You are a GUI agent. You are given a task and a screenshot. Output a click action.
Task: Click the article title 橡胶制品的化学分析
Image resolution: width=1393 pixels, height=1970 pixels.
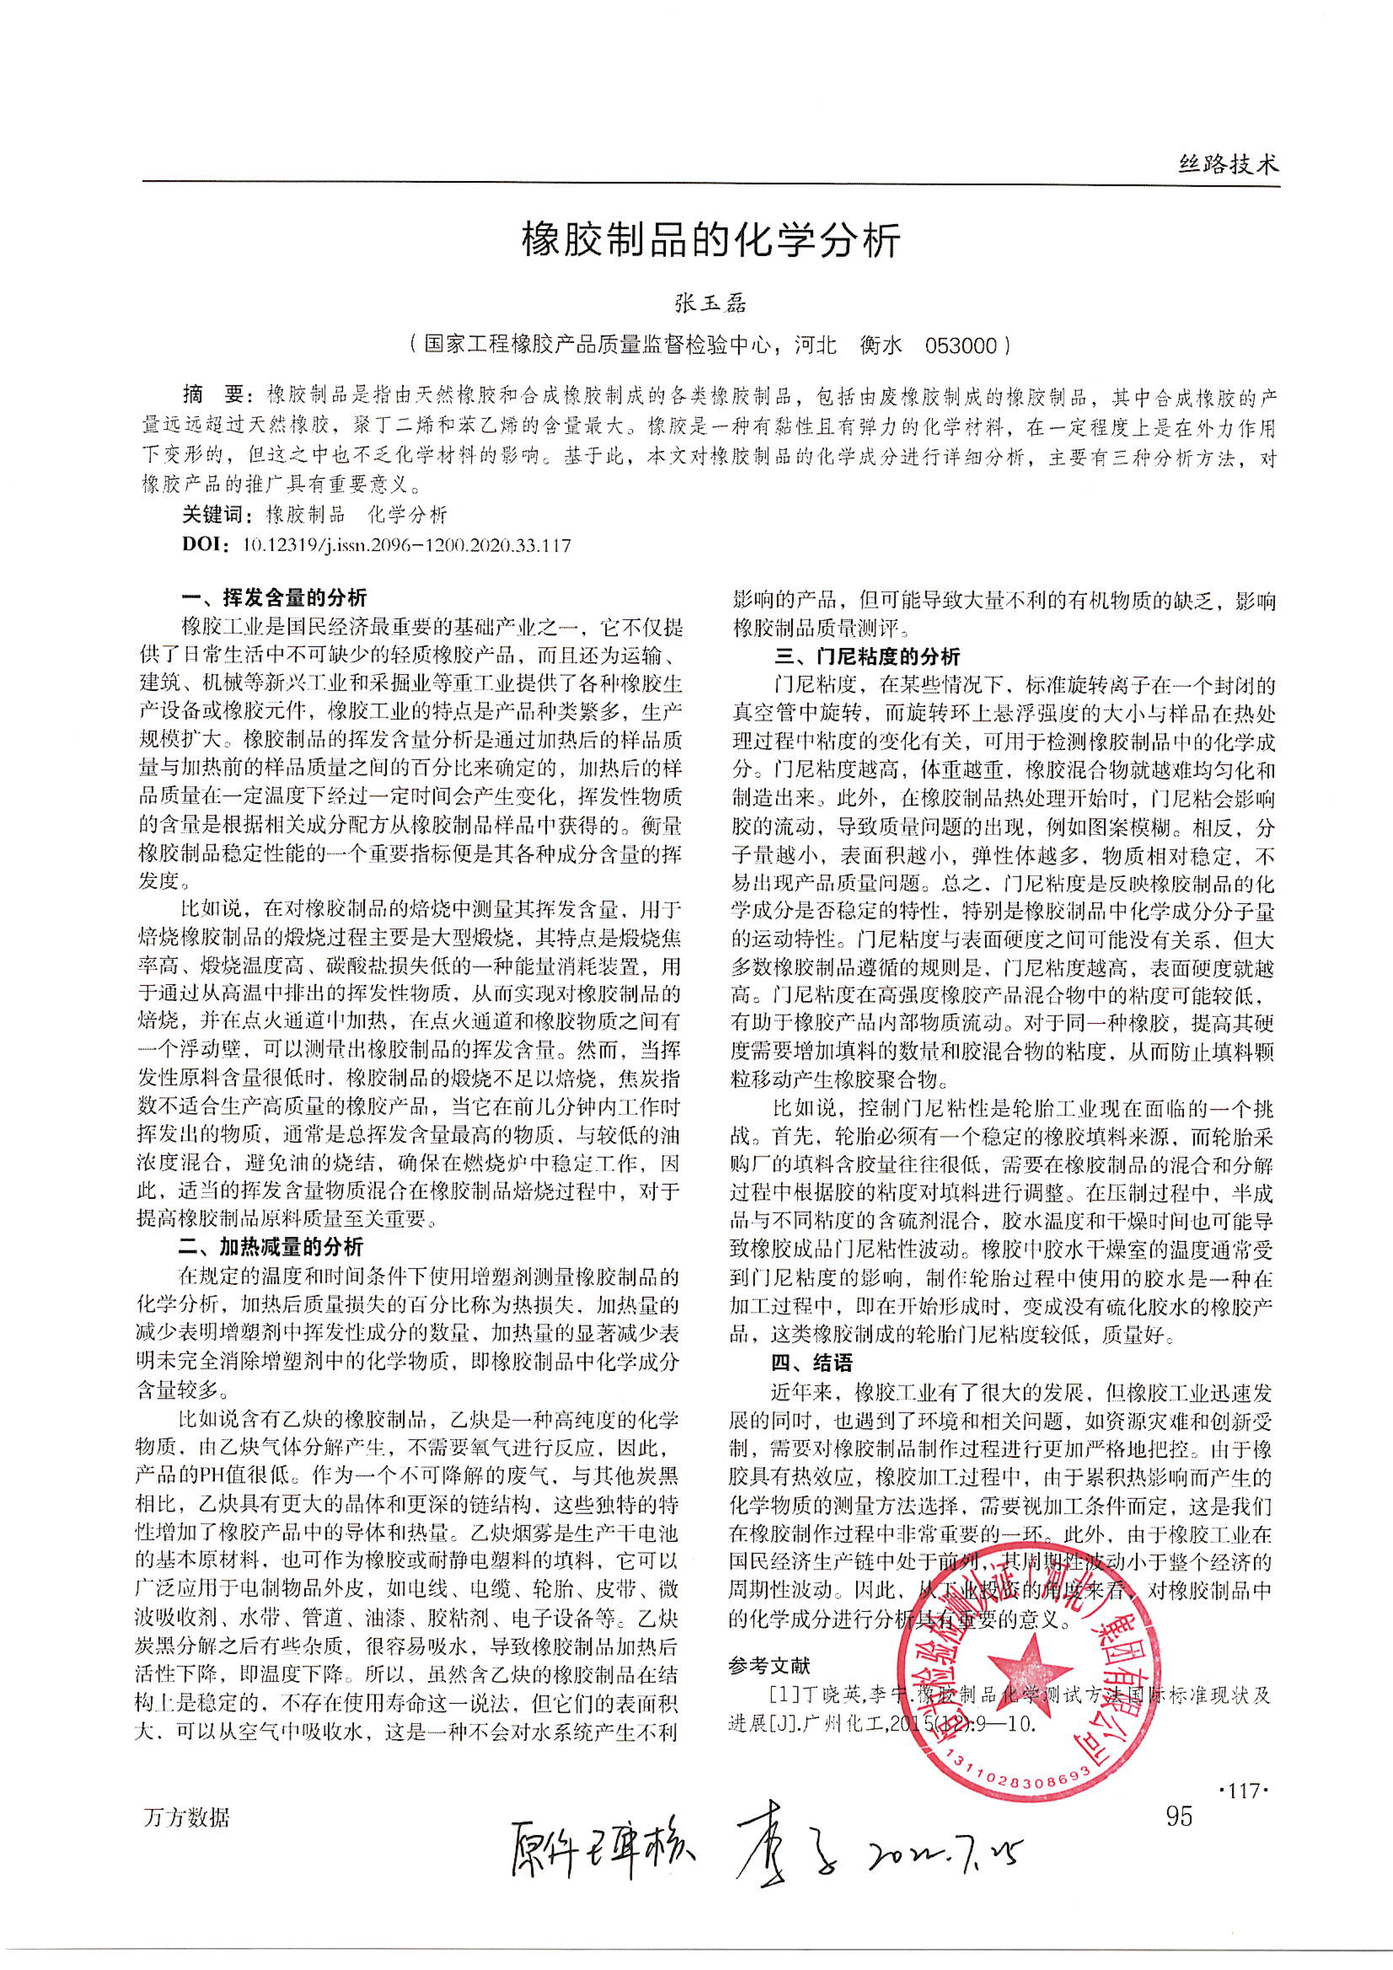tap(711, 242)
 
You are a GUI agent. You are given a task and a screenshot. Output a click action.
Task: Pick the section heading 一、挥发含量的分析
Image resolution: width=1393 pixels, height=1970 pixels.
tap(274, 597)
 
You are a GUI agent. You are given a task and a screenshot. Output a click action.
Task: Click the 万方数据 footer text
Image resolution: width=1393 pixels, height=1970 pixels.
tap(186, 1817)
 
